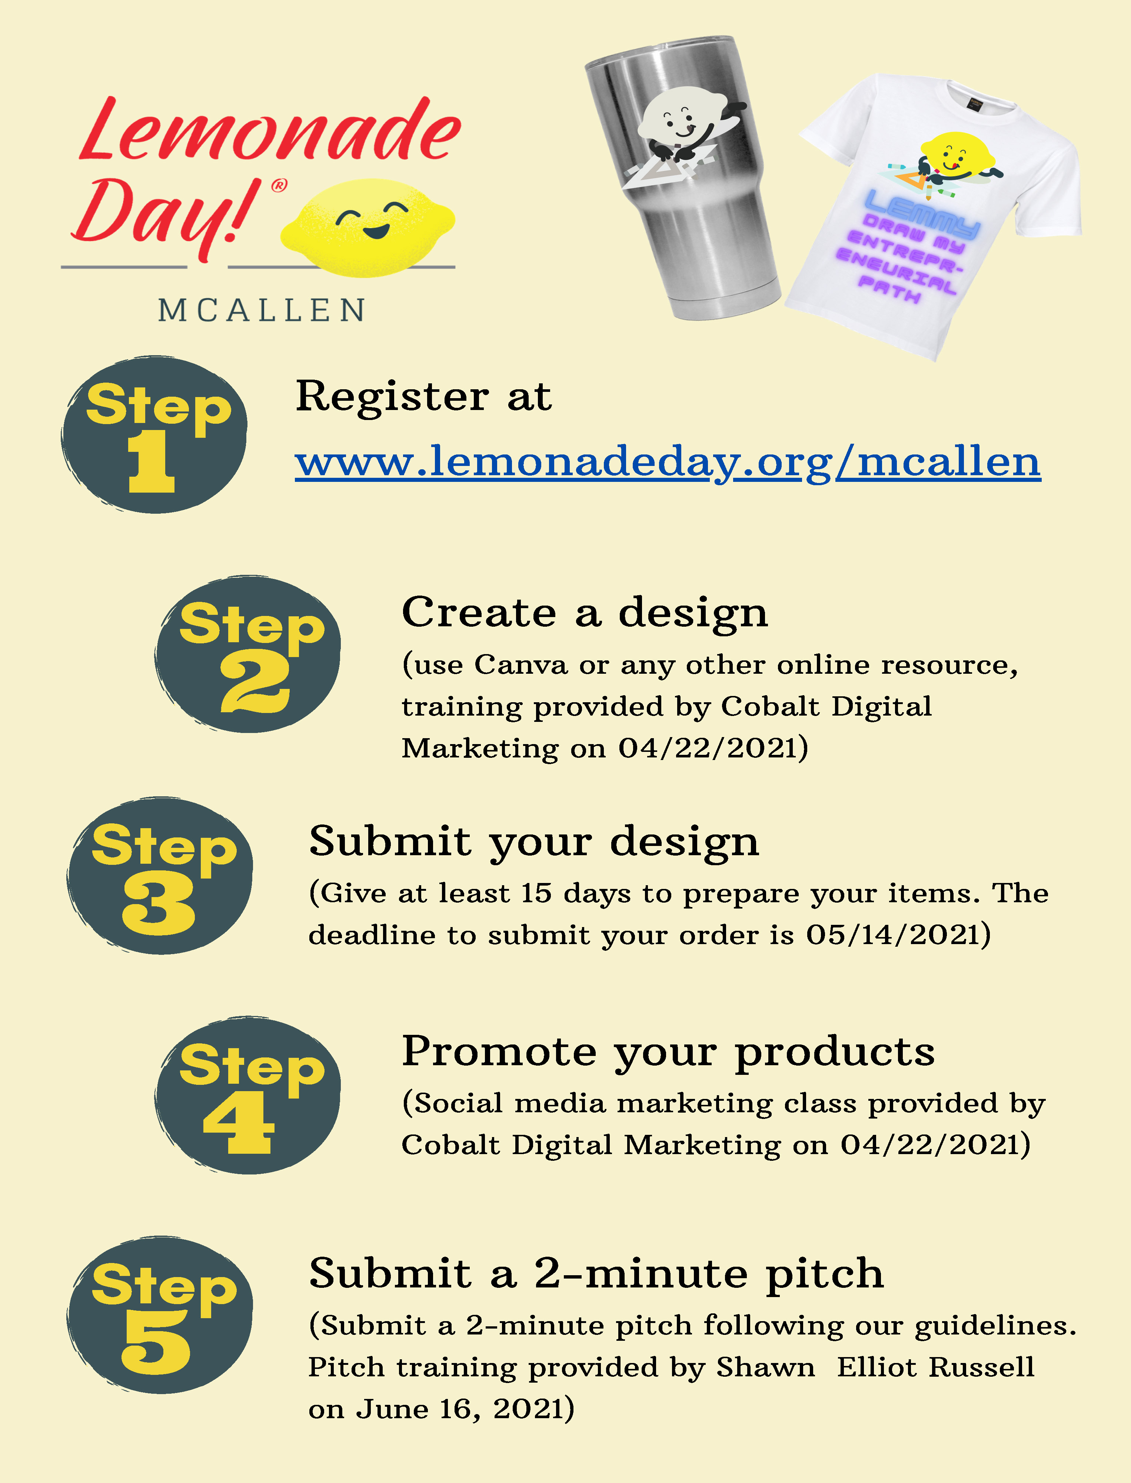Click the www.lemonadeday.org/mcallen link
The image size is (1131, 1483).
[x=668, y=463]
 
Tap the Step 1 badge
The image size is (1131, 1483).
[x=154, y=435]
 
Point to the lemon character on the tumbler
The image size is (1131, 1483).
[x=687, y=135]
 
